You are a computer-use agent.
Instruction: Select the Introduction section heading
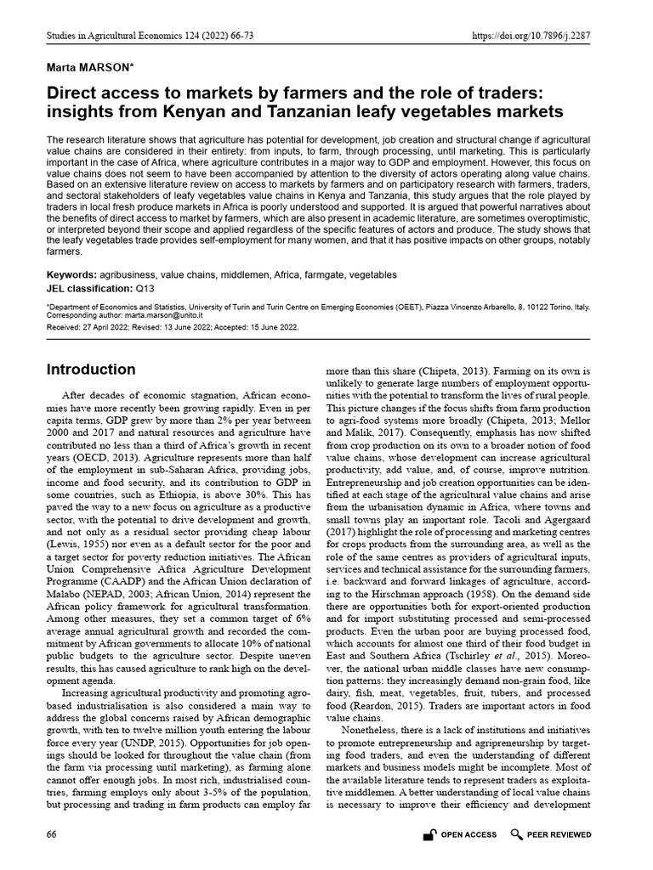click(90, 370)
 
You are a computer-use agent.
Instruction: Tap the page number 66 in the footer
click(52, 835)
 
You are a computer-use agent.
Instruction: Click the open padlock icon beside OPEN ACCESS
click(429, 835)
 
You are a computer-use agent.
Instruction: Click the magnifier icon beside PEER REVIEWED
click(516, 835)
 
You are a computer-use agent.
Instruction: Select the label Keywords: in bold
click(71, 275)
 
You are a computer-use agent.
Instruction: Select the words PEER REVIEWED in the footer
click(559, 835)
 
